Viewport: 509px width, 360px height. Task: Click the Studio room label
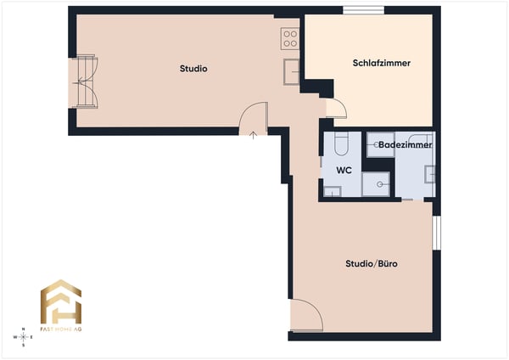193,69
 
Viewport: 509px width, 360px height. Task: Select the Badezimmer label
405,145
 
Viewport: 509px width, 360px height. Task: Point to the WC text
343,170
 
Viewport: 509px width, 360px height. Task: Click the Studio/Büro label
372,264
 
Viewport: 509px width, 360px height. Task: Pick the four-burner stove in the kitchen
290,37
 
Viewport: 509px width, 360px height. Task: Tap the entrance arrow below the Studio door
253,135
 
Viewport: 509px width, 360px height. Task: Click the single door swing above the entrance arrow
255,115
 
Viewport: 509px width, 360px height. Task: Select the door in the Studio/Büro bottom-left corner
305,318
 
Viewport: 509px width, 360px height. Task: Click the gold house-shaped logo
61,301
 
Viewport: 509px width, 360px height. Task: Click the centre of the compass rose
24,337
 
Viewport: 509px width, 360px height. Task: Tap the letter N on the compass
24,329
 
